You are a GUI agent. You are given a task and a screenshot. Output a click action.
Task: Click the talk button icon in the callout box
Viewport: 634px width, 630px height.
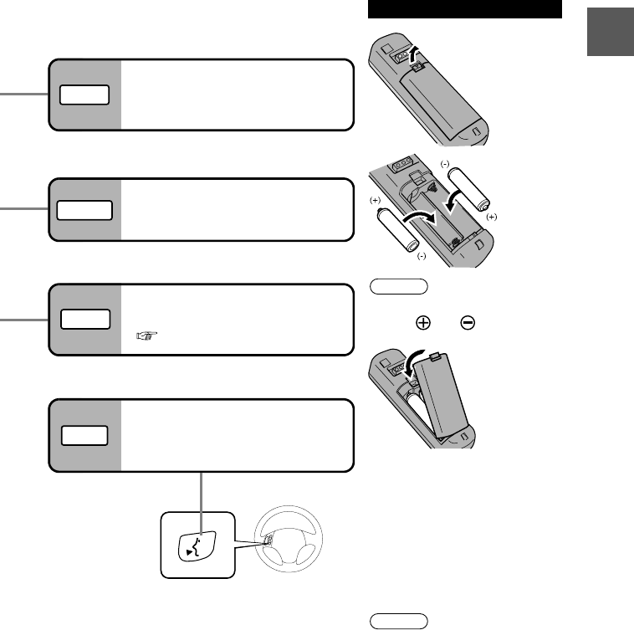[x=196, y=544]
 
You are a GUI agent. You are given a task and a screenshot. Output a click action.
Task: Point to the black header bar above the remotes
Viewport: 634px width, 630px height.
[x=464, y=9]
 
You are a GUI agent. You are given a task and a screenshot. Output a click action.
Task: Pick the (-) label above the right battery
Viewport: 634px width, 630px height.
[x=447, y=162]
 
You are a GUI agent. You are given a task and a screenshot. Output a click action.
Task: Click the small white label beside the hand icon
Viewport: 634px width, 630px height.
[x=84, y=320]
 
